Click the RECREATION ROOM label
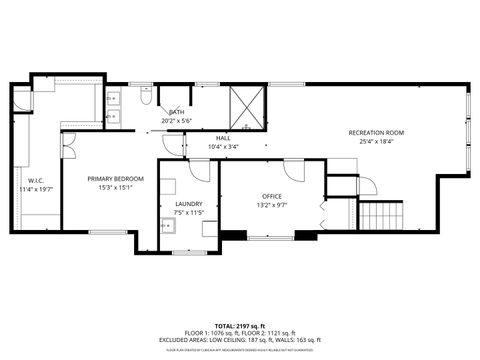(376, 132)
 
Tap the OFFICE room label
(273, 196)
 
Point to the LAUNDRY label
(189, 204)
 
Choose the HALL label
(223, 138)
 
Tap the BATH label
(176, 112)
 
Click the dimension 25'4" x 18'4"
(376, 141)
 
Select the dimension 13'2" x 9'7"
(273, 205)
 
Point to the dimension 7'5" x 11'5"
(189, 213)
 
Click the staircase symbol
(380, 215)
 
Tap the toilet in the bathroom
(145, 98)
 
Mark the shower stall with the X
(247, 107)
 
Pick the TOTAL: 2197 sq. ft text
(239, 326)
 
